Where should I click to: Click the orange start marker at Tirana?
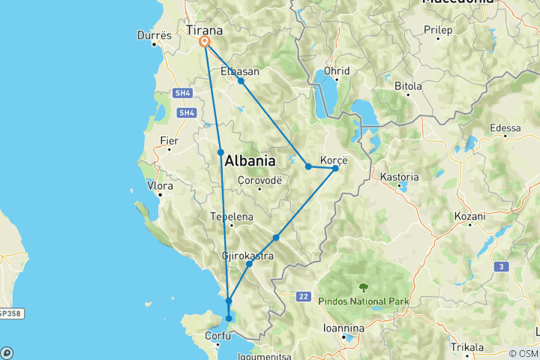point(204,43)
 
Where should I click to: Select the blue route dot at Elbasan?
point(241,81)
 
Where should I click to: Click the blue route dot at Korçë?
point(335,167)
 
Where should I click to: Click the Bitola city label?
point(409,85)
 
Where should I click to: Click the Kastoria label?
point(399,177)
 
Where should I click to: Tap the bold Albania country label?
point(250,160)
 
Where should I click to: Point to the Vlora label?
point(160,184)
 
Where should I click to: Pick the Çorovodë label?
point(259,180)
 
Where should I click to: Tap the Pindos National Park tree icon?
point(364,287)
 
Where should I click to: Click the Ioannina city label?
point(343,328)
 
